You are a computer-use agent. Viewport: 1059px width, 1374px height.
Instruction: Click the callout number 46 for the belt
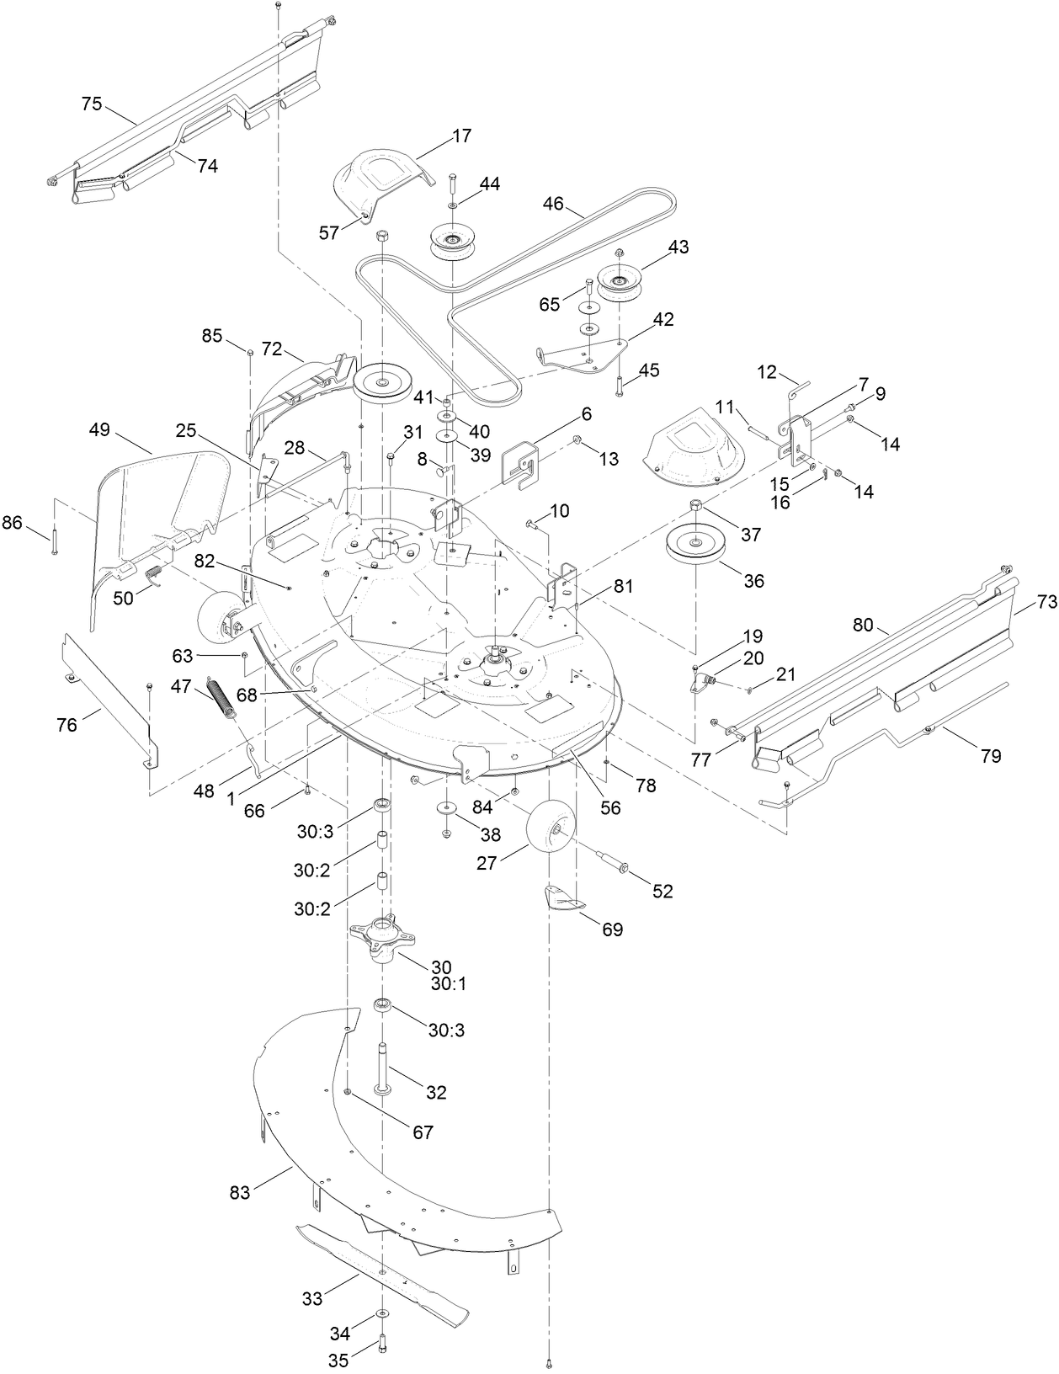pyautogui.click(x=553, y=203)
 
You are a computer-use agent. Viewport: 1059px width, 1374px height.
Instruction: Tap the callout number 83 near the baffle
pyautogui.click(x=240, y=1193)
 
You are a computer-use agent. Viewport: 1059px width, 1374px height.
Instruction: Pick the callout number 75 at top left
pyautogui.click(x=92, y=104)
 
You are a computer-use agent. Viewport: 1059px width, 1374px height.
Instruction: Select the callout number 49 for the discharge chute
pyautogui.click(x=99, y=430)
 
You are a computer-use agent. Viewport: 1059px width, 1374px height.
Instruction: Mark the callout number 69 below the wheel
pyautogui.click(x=612, y=929)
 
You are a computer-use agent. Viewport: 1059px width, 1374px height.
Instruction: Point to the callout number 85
pyautogui.click(x=212, y=336)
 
